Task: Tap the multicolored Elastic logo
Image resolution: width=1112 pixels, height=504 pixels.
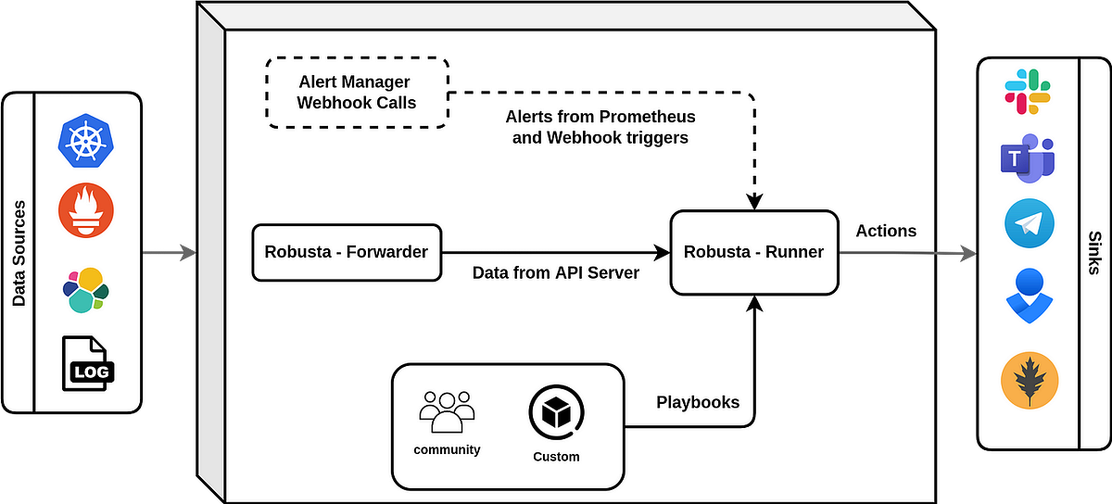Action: [x=85, y=290]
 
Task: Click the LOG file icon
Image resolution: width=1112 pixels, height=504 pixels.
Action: [x=85, y=363]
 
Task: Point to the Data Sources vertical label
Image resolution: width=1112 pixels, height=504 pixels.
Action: [x=19, y=253]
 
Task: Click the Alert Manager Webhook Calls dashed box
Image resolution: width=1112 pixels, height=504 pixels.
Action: [x=357, y=93]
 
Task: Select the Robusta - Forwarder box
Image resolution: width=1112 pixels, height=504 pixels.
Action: [x=347, y=251]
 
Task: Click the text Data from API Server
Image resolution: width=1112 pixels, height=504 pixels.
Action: [x=556, y=273]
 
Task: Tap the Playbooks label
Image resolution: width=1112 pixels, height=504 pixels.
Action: [x=698, y=402]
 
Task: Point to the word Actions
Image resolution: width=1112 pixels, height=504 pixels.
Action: [x=886, y=231]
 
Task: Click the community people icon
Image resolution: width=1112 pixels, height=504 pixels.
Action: [x=447, y=412]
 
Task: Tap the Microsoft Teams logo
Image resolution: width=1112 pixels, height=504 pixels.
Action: [x=1028, y=158]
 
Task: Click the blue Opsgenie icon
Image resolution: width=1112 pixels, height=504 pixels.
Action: [x=1029, y=296]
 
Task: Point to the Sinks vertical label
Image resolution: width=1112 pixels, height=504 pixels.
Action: [x=1094, y=253]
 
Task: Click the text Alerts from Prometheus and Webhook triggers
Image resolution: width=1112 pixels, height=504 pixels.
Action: [x=600, y=128]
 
